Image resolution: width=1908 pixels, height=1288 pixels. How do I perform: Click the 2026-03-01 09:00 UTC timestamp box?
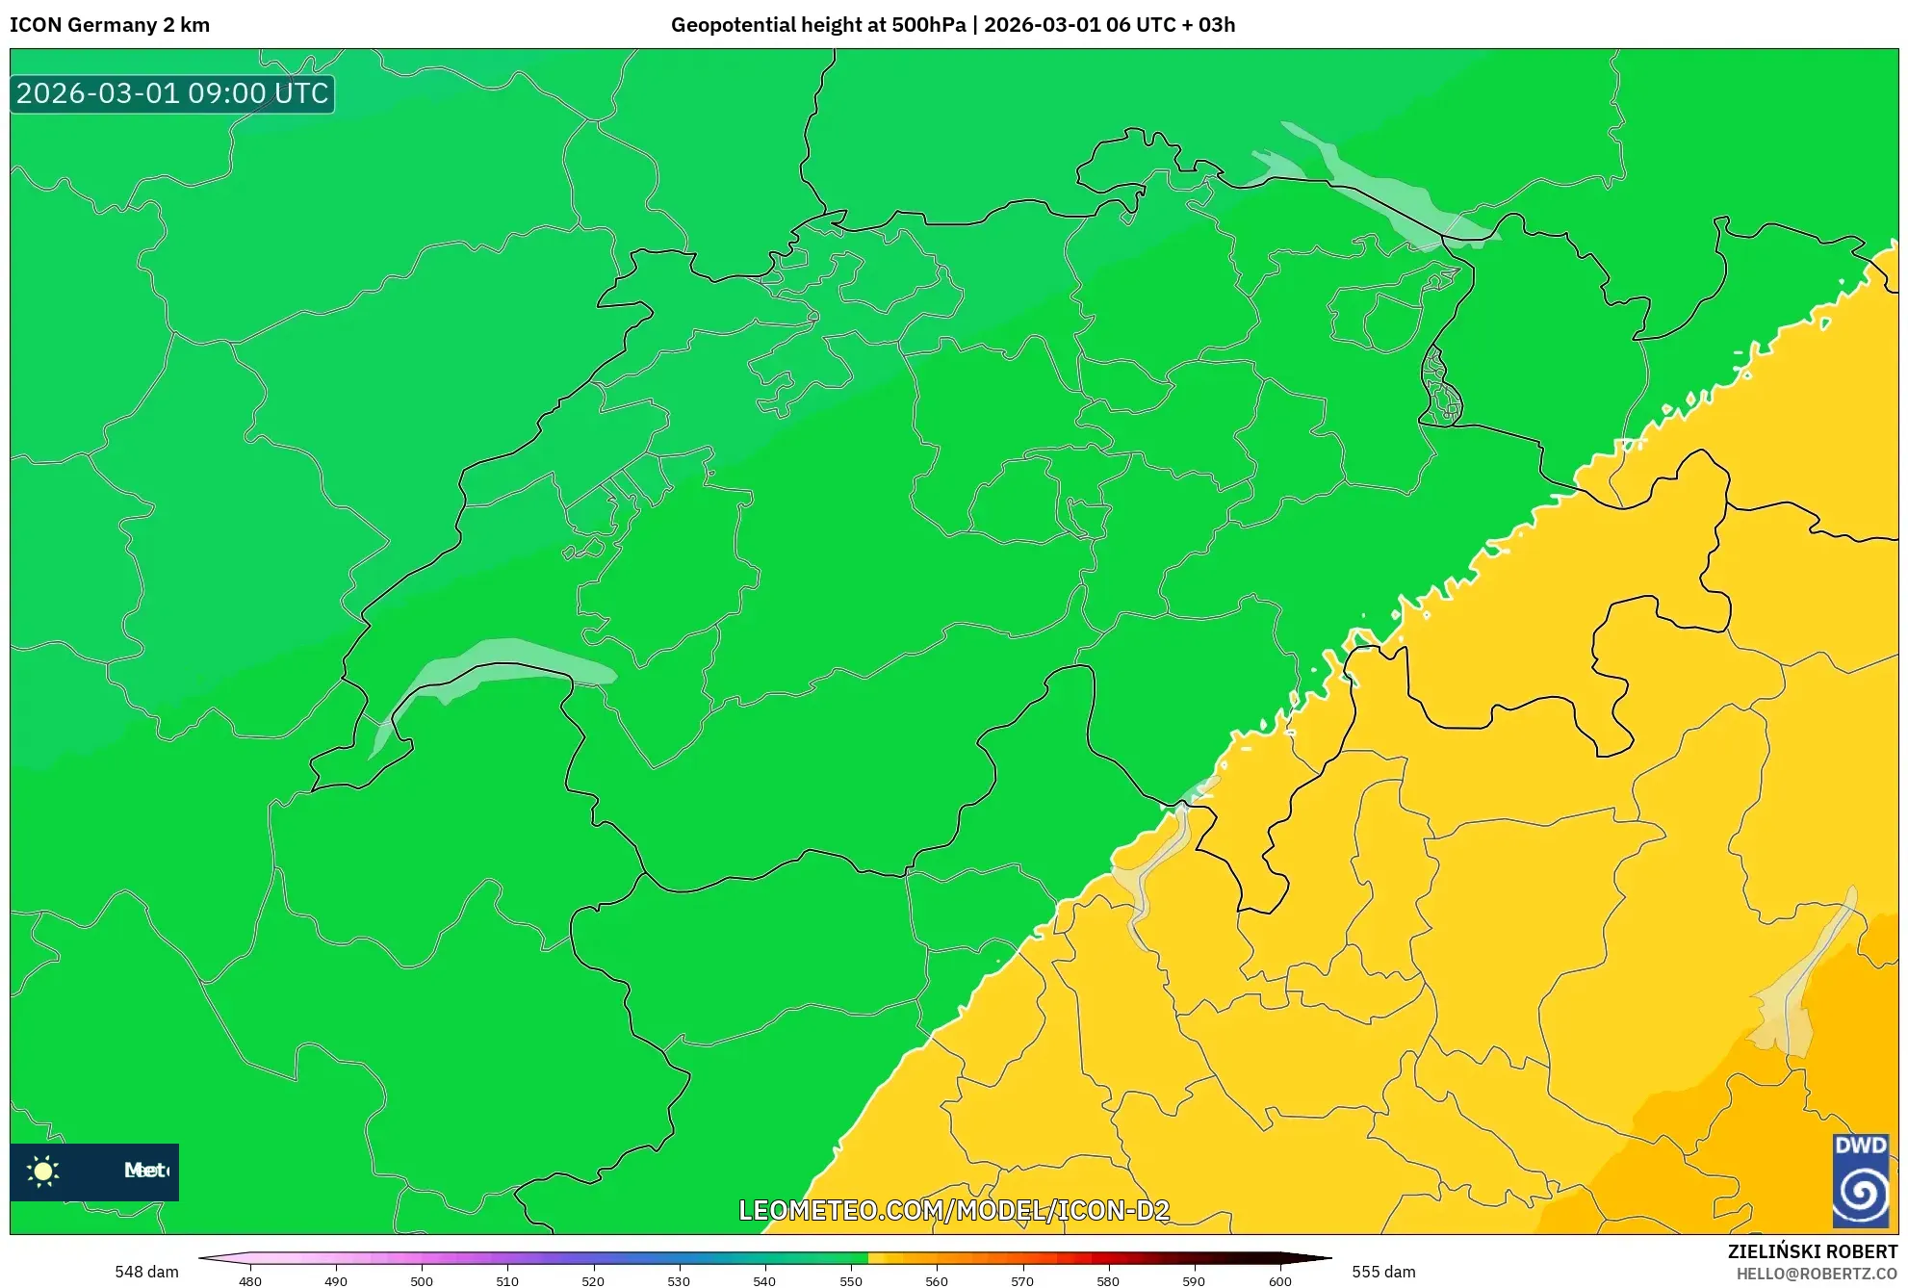[172, 93]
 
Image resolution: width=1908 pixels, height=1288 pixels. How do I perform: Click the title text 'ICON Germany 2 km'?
[110, 25]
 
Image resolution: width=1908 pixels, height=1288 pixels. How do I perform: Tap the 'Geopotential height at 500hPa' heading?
[817, 25]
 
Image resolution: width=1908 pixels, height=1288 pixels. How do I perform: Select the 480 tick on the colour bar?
[250, 1280]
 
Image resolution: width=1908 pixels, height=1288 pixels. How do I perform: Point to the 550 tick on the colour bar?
[851, 1280]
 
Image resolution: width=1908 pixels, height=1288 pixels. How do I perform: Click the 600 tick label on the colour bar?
[1279, 1280]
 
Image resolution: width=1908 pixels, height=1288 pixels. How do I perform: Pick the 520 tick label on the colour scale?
[593, 1280]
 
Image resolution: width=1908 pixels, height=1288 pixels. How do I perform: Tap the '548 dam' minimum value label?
[146, 1272]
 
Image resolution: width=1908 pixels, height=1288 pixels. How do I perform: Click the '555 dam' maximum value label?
[1383, 1272]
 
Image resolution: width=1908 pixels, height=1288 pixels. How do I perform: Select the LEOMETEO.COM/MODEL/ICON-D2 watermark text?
[954, 1210]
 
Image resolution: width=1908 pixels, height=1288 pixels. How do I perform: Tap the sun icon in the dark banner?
[43, 1171]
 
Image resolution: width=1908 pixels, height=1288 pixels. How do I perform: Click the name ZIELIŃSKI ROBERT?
[1812, 1251]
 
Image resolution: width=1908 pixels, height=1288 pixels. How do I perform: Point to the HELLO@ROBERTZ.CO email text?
[1816, 1274]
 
